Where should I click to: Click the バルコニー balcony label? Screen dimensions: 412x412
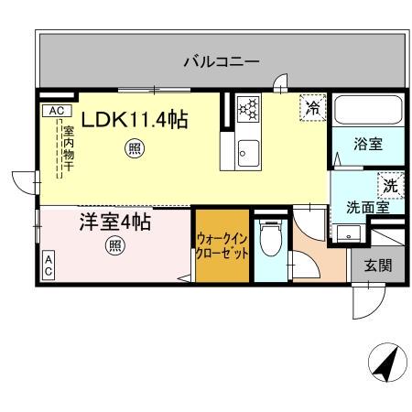pos(221,61)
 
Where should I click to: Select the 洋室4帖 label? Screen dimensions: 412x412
pos(114,222)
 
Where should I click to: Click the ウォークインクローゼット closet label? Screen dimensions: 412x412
pos(222,246)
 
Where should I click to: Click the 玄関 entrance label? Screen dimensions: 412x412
pos(377,266)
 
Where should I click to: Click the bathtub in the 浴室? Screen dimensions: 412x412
pos(368,112)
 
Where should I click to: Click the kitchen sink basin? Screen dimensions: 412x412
pos(246,152)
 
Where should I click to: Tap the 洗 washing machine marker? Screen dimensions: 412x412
pos(390,184)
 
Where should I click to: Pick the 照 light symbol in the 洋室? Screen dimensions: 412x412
pos(114,245)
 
